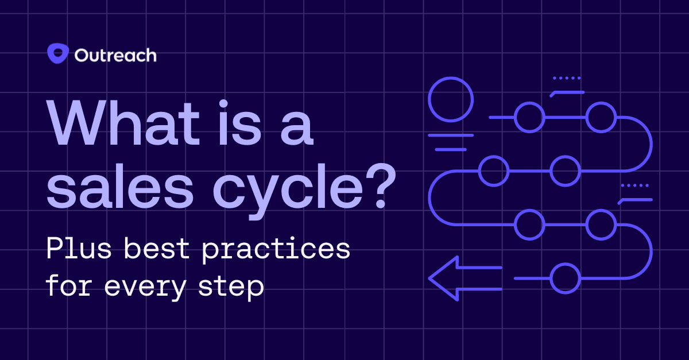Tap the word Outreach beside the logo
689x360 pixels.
pos(115,56)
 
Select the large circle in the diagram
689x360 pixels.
pos(451,98)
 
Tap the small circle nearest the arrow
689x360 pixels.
pos(565,278)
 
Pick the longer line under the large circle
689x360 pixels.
pos(451,136)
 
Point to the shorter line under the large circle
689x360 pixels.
pos(451,149)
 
